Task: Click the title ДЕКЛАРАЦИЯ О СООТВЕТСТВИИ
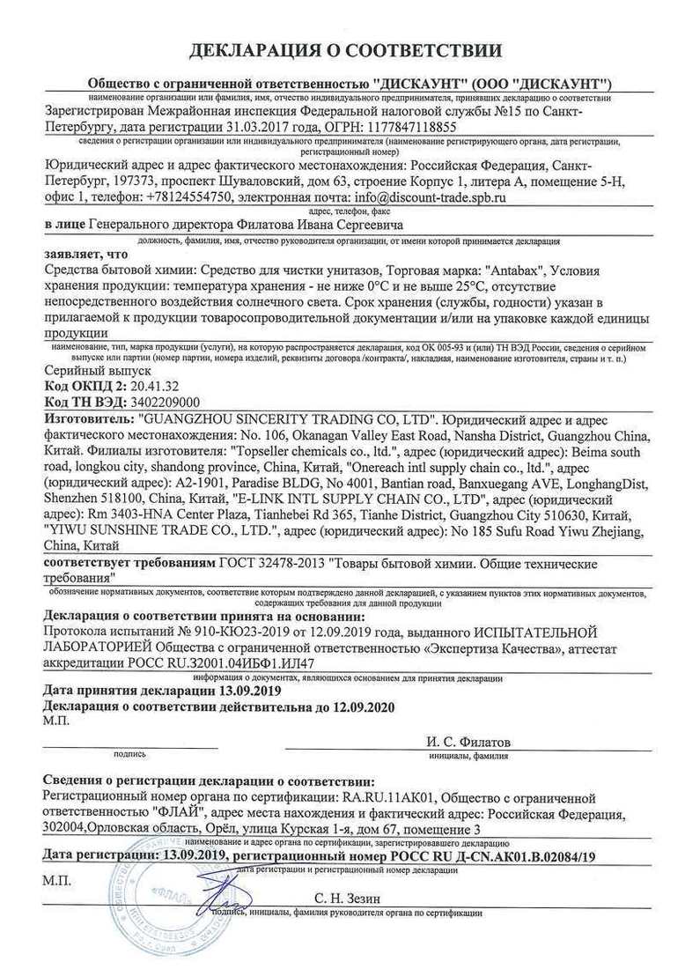(342, 46)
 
